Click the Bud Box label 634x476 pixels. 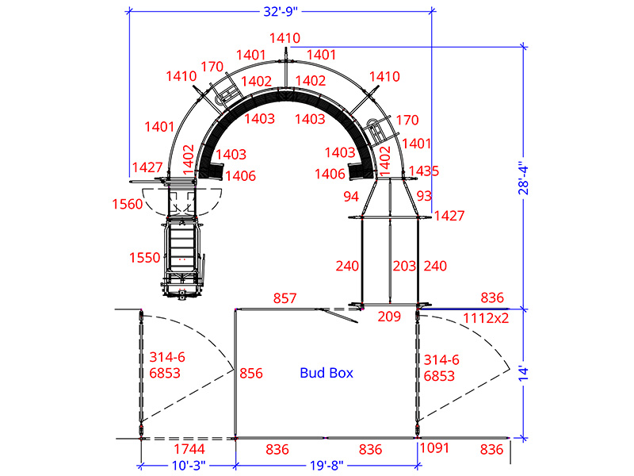pos(327,372)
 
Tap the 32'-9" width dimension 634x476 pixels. pos(281,12)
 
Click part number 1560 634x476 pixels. pos(128,204)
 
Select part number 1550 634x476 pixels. pos(145,258)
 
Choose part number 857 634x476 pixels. pos(285,298)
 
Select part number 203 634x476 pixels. pos(404,267)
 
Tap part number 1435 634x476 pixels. pos(424,171)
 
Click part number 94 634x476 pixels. pos(351,196)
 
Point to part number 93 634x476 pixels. pos(424,195)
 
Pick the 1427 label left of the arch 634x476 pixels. pos(148,167)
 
